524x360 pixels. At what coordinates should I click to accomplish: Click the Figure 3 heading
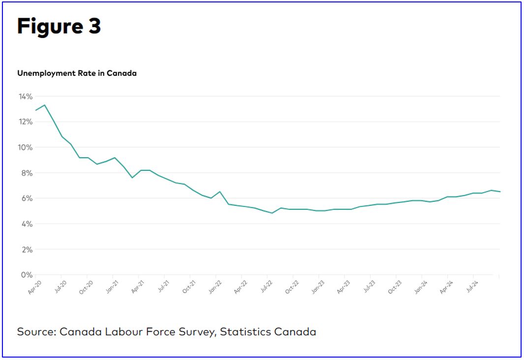[x=59, y=27]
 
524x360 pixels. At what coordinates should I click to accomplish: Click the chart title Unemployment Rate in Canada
[x=77, y=73]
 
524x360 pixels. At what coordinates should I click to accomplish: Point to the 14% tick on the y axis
[x=25, y=96]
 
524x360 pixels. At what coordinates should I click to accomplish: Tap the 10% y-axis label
[x=25, y=147]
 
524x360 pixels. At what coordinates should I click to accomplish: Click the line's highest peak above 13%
[x=45, y=105]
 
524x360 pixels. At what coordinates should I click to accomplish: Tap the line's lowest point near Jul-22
[x=272, y=213]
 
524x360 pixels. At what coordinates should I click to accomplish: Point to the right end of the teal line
[x=500, y=192]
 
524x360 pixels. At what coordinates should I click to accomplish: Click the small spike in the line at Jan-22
[x=219, y=192]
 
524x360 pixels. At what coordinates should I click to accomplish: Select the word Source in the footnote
[x=36, y=331]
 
